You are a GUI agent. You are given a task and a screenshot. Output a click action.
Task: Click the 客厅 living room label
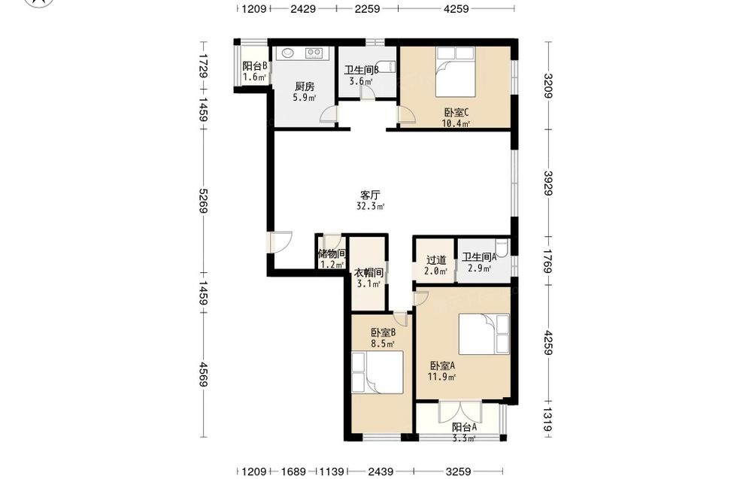[370, 196]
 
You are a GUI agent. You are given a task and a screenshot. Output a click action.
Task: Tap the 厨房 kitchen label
[305, 86]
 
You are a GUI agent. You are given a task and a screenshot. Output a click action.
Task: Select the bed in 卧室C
[455, 72]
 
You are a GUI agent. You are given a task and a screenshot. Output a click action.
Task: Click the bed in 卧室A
[484, 334]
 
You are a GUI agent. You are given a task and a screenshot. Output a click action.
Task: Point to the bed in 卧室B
[377, 372]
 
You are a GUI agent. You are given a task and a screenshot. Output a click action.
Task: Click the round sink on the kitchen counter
[288, 53]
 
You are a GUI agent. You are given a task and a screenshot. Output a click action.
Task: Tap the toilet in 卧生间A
[502, 248]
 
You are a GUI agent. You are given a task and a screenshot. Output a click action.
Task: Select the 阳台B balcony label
[255, 66]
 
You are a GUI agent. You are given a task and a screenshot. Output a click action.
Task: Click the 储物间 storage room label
[332, 253]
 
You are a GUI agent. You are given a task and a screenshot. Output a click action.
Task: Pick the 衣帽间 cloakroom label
[368, 273]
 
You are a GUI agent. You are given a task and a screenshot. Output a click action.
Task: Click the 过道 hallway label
[436, 260]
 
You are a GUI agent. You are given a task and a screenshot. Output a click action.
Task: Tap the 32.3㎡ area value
[370, 207]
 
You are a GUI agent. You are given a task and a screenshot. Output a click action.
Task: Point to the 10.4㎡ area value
[456, 124]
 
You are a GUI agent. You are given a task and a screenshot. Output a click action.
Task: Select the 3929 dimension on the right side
[549, 183]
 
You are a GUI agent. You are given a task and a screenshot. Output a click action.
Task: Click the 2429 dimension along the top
[303, 8]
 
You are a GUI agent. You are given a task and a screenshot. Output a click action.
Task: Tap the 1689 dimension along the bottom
[293, 471]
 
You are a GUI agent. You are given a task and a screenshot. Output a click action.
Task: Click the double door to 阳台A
[460, 411]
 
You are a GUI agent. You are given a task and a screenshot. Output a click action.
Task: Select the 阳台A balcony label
[465, 427]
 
